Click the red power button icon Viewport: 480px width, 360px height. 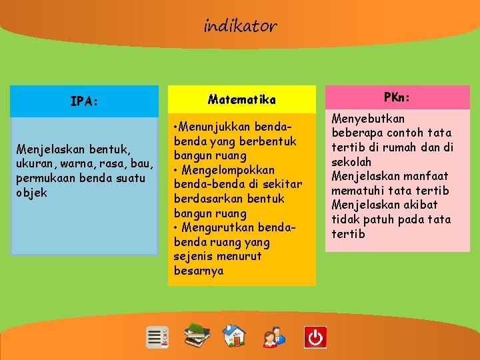pos(315,337)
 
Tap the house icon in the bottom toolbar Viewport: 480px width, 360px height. pos(234,336)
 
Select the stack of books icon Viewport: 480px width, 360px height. pos(197,335)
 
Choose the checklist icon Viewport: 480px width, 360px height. pos(158,337)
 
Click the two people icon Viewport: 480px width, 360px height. pos(273,337)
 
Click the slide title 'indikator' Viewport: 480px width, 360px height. pos(240,26)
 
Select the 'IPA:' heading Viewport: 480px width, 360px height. pos(85,101)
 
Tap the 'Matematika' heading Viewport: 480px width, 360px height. pos(241,99)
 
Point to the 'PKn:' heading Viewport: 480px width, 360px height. pos(397,97)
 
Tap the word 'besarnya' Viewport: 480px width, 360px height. pos(199,271)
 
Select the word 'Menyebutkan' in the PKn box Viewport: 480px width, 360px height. pos(368,119)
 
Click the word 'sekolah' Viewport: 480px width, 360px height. pos(351,162)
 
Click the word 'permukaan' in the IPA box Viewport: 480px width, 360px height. pos(46,178)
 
